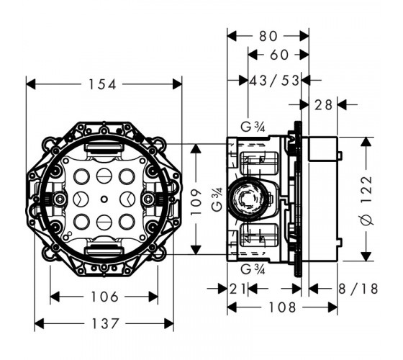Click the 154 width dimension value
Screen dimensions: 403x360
(102, 84)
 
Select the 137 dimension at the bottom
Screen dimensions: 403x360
(105, 323)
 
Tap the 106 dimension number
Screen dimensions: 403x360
(104, 297)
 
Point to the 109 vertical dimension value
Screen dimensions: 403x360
(196, 202)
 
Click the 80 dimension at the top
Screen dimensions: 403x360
(268, 36)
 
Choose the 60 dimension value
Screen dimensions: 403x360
(279, 55)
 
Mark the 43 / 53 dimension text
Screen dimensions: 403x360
(274, 81)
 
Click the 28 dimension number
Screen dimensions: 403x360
(324, 104)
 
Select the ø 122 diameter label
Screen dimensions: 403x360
(366, 201)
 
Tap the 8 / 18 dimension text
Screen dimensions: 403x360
(358, 289)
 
